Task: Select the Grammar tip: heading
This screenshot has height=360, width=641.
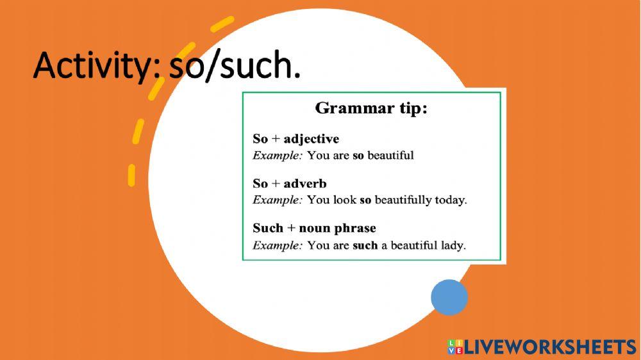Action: (371, 108)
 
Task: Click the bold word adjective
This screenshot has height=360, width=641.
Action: (311, 139)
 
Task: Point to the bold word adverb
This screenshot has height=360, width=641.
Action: (305, 183)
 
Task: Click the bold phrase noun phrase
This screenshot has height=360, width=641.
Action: (337, 229)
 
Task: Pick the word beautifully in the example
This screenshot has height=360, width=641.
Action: (403, 200)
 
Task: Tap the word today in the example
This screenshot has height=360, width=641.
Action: (451, 200)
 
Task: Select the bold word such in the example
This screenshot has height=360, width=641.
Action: (365, 245)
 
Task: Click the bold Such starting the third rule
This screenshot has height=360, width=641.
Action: (268, 227)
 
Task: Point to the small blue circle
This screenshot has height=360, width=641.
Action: (449, 297)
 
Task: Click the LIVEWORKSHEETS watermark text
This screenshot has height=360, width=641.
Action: (550, 347)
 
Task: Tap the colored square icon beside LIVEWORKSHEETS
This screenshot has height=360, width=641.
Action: (455, 347)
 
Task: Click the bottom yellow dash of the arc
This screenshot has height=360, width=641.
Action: (131, 176)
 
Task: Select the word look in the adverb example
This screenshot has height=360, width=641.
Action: (345, 200)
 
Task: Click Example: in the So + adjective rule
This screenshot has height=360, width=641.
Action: (278, 155)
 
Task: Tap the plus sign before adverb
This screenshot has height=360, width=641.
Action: (276, 184)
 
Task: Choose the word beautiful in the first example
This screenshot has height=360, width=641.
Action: (390, 155)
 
